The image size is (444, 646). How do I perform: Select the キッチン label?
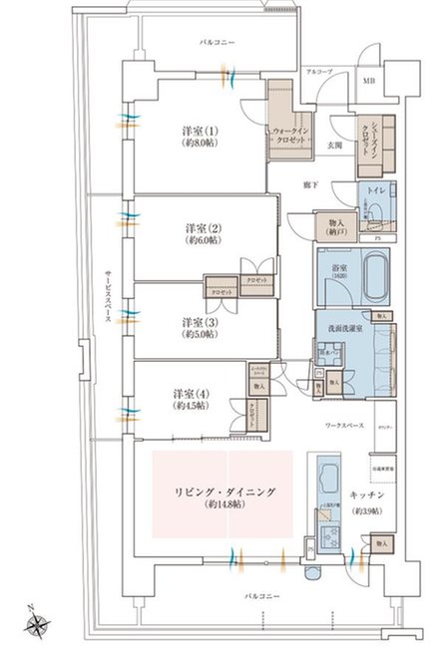coord(367,495)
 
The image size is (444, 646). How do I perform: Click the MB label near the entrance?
coord(369,82)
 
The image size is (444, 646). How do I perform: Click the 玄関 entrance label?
coord(336,146)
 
